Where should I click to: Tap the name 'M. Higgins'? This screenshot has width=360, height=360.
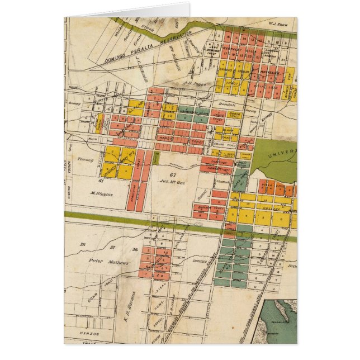pos(102,195)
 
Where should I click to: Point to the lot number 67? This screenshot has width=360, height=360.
pos(173,176)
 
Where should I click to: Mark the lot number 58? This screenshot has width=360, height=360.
pos(82,245)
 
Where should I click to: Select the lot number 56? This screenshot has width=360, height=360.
pos(135,249)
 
